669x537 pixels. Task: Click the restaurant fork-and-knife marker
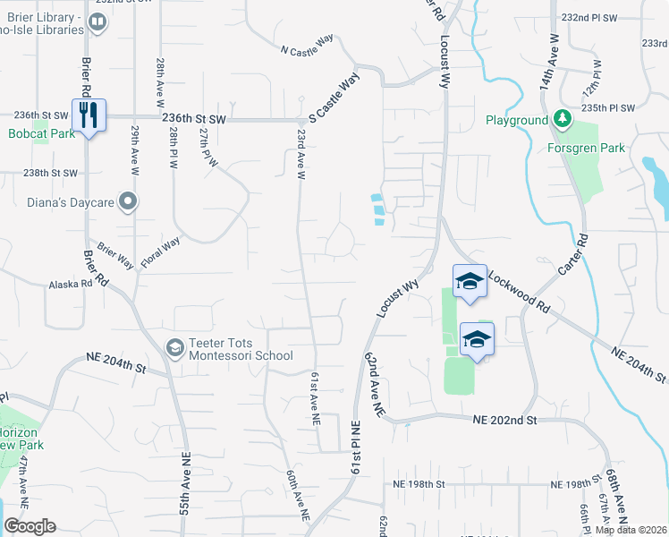tap(88, 115)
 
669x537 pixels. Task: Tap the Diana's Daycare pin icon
tap(129, 202)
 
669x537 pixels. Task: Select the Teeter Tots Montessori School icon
tap(175, 346)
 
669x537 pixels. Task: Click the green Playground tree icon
tap(562, 120)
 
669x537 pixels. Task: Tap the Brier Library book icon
tap(97, 23)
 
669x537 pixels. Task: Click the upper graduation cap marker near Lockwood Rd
tap(469, 282)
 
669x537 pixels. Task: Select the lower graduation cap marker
tap(477, 340)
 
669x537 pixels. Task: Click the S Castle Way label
tap(334, 98)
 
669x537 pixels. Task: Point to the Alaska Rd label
tap(72, 284)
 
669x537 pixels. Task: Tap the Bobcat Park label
tap(38, 134)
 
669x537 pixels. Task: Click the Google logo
tap(30, 526)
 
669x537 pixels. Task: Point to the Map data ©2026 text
tap(631, 530)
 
